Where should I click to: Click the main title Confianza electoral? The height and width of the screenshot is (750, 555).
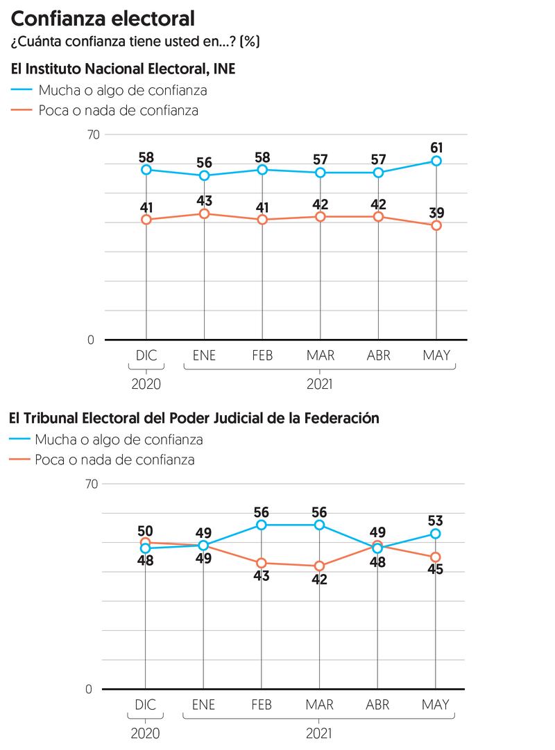point(102,18)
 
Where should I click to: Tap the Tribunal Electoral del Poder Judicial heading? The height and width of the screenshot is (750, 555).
point(194,418)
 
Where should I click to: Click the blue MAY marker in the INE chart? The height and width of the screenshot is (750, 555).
point(436,161)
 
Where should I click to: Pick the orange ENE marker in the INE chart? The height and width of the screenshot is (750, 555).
point(205,213)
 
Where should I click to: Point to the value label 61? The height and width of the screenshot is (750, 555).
point(436,147)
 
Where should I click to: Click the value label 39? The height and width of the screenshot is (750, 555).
point(436,213)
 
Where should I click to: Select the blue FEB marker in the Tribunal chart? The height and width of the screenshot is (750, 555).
point(262,525)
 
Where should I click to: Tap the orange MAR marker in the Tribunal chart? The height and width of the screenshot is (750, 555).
point(320,566)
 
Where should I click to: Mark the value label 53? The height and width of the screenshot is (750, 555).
point(436,521)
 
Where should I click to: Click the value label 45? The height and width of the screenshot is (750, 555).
point(436,570)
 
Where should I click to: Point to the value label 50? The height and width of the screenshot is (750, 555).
point(146,530)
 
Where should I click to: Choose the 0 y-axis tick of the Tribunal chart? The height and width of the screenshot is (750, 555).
point(88,690)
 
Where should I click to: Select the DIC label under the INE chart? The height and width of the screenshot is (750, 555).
point(146,356)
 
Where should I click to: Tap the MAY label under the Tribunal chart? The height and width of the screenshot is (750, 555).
point(436,705)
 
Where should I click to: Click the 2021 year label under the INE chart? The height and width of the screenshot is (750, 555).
point(320,383)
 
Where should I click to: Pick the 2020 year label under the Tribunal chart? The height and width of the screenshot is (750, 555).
point(146,733)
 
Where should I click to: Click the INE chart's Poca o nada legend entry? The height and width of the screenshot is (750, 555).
point(118,110)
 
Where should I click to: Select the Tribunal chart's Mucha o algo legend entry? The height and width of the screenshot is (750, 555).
point(119,439)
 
